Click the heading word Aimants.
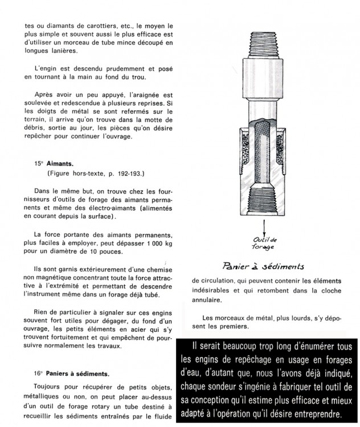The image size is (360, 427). pyautogui.click(x=57, y=162)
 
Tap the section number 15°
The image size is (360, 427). pyautogui.click(x=38, y=162)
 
